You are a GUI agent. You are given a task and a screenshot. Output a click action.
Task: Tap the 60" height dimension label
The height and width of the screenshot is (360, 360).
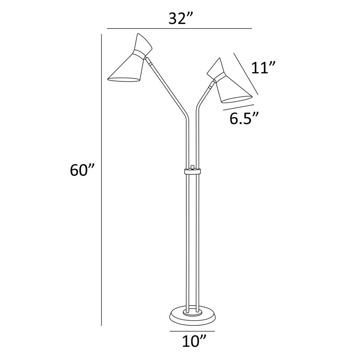click(x=82, y=170)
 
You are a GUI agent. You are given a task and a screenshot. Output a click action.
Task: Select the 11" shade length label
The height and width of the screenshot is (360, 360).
click(x=263, y=68)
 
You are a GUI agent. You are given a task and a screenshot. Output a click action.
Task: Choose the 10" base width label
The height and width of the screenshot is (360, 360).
click(x=194, y=341)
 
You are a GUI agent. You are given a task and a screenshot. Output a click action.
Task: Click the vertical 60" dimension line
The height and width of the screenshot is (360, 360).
click(x=101, y=178)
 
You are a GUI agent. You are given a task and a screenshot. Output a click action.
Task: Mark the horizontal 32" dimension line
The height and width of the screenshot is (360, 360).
click(x=179, y=28)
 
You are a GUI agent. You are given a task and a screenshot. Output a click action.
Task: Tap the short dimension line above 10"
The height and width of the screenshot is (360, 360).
click(x=192, y=332)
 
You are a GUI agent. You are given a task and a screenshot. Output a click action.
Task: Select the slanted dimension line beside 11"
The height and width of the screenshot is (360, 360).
click(x=246, y=73)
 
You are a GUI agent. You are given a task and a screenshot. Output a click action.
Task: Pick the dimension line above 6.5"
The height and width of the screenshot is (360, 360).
click(x=238, y=107)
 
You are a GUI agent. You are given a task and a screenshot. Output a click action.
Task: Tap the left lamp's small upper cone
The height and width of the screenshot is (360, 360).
click(x=143, y=44)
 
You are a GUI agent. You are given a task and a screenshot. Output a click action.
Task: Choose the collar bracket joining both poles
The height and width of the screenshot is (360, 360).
click(x=192, y=171)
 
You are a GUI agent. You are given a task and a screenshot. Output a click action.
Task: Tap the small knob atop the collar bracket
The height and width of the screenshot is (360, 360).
click(x=192, y=167)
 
